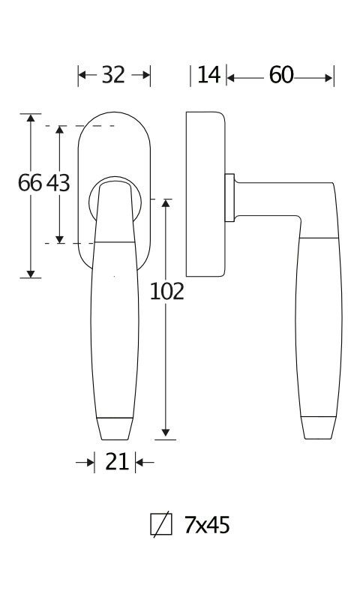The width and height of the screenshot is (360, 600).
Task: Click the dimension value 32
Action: pos(113,75)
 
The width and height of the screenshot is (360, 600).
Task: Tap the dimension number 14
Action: pos(209,75)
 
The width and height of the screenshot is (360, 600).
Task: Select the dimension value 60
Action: pos(281,75)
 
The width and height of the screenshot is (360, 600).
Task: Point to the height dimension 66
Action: pos(30,182)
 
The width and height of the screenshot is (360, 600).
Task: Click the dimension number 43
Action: pos(58,182)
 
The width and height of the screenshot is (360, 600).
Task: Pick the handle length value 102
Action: pos(166,292)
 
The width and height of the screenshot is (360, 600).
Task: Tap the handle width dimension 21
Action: pos(117,462)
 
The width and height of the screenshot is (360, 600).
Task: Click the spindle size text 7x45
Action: pos(207,525)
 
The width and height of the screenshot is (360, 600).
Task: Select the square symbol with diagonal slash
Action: pos(161,524)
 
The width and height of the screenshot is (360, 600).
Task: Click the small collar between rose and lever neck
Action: pos(229,198)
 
